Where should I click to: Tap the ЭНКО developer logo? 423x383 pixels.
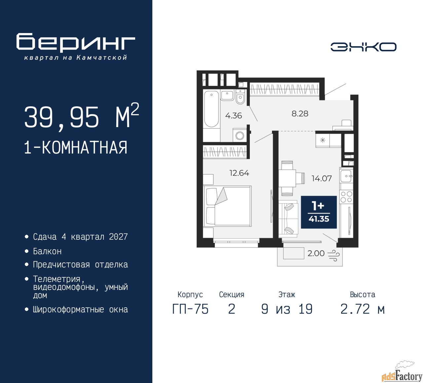click(363, 47)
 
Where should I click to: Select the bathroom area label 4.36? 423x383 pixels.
click(233, 116)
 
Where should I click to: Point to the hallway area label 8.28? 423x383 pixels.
click(300, 114)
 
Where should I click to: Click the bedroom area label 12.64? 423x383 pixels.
click(239, 173)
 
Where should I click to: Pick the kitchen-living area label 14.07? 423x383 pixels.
click(322, 178)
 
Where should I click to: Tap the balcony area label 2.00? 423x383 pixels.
click(316, 253)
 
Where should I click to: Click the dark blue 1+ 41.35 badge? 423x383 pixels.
click(319, 212)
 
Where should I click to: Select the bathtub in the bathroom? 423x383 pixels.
click(211, 109)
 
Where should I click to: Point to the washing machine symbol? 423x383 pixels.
click(240, 135)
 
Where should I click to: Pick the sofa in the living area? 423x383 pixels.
click(288, 219)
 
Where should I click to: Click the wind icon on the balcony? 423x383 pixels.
click(333, 255)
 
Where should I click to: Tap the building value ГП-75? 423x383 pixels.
click(190, 309)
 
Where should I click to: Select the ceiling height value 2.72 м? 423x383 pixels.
click(363, 309)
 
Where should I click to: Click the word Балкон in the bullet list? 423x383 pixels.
click(47, 251)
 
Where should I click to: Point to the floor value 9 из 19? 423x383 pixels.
click(287, 309)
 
